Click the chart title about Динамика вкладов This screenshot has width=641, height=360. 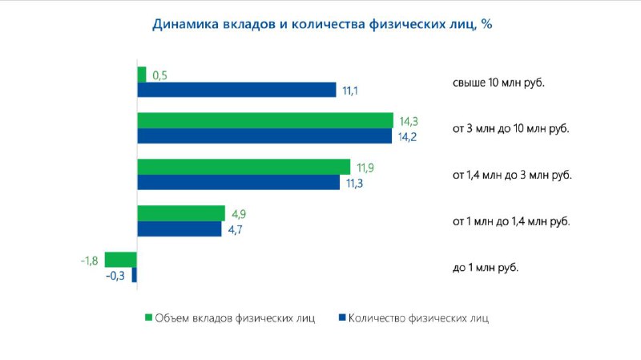point(322,24)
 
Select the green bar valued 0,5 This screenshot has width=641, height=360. point(142,75)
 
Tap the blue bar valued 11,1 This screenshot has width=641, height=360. point(236,90)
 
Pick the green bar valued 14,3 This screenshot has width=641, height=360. point(265,121)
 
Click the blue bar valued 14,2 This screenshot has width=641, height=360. point(264,136)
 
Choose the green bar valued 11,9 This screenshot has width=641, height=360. point(244,167)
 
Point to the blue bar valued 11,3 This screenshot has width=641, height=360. point(238,182)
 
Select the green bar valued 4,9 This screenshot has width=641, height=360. point(181,213)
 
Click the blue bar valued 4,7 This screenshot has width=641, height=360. point(179,229)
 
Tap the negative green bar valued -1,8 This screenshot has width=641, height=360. point(121,260)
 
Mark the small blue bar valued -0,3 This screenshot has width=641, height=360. point(134,274)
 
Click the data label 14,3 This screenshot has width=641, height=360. point(409,122)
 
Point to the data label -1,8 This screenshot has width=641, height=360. point(90,261)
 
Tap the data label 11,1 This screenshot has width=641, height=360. point(350,91)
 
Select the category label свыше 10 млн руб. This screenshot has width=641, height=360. point(498,83)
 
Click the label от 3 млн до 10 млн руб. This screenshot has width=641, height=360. point(511,129)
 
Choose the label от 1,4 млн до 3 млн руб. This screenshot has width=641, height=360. point(512,175)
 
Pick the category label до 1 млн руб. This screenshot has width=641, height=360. point(486,268)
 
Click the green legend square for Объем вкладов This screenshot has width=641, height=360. point(148,318)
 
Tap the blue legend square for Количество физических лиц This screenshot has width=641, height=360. point(343,318)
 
